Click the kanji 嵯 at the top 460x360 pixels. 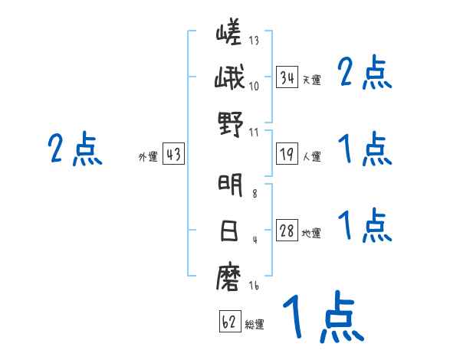[x=229, y=31]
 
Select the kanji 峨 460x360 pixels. [x=229, y=77]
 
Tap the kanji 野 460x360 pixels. [x=231, y=123]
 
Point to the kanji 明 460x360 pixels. [x=230, y=185]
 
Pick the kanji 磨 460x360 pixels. [x=229, y=277]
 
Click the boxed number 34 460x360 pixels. [x=287, y=77]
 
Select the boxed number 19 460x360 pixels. [x=287, y=154]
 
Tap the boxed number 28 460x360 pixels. [x=287, y=231]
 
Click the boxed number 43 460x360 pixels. [x=173, y=154]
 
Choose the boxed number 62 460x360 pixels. [x=230, y=321]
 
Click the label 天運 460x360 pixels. [x=311, y=80]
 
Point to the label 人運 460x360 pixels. [x=311, y=156]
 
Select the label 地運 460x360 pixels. [x=311, y=233]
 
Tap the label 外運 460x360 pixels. [x=148, y=156]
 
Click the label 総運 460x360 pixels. [x=255, y=324]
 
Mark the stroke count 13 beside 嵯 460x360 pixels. [x=254, y=40]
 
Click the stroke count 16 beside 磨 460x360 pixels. [x=254, y=285]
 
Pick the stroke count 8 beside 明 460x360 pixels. [x=255, y=193]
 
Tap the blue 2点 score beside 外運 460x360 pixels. [x=75, y=149]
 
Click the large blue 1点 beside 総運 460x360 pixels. [x=324, y=316]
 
